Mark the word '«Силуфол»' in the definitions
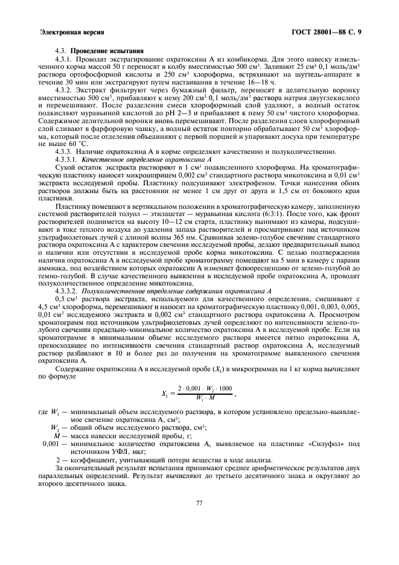click(x=325, y=444)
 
